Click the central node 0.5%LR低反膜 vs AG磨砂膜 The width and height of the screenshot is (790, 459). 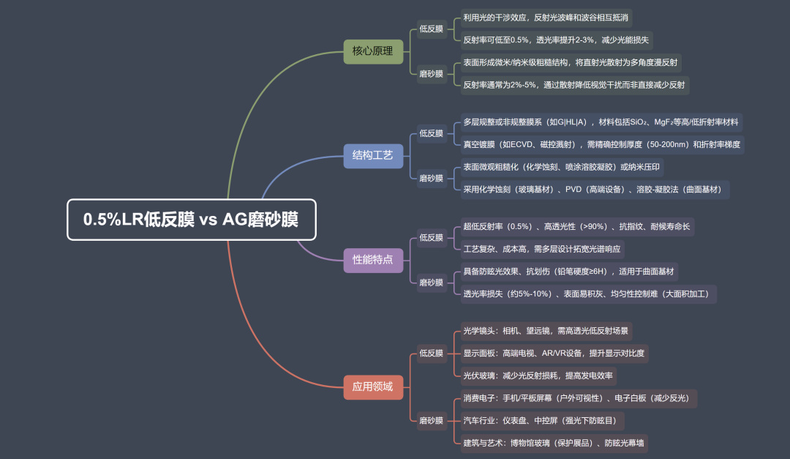point(192,220)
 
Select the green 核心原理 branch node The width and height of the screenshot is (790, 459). point(373,51)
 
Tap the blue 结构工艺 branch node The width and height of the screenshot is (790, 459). point(373,155)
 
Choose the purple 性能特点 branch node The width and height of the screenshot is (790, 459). point(373,259)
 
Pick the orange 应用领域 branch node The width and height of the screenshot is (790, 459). point(373,387)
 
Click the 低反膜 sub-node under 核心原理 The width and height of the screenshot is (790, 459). point(431,29)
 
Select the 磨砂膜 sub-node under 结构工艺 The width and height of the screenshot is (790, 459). point(431,178)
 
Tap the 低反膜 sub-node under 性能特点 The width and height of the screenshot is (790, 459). point(431,237)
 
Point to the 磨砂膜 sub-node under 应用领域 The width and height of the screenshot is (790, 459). point(431,420)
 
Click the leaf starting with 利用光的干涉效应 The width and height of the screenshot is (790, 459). point(546,17)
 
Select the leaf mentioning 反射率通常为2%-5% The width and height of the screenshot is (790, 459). point(574,85)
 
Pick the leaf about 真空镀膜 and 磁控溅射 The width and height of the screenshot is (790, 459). point(602,144)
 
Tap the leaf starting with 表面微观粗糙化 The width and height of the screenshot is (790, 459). point(562,168)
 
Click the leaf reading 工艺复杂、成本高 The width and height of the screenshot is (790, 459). point(542,249)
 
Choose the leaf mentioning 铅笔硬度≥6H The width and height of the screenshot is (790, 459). point(570,272)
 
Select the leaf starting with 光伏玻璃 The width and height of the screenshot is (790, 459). point(538,376)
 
